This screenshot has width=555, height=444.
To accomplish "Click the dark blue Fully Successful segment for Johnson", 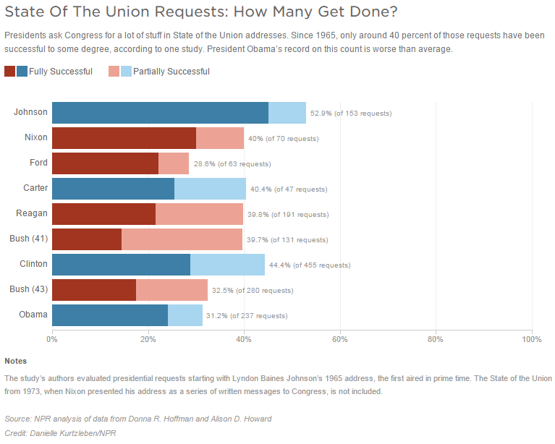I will click(160, 113).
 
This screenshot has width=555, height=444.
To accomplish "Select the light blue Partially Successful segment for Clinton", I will click(227, 265).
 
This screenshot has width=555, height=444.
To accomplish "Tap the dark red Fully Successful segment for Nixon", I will click(124, 138).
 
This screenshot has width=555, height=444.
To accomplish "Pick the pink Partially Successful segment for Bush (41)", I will click(182, 239).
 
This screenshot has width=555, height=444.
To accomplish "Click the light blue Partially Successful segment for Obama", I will click(185, 315).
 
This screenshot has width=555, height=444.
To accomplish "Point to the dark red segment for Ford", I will click(105, 163).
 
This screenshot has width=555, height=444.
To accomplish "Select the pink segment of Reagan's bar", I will click(199, 214).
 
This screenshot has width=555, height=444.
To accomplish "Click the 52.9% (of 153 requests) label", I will click(351, 114).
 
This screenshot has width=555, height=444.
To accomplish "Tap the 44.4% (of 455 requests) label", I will click(310, 265).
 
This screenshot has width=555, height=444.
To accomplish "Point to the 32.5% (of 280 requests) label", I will click(253, 291).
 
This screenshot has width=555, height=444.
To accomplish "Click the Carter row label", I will click(35, 188).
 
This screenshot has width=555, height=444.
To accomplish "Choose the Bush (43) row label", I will click(29, 289).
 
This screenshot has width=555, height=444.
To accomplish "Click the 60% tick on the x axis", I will click(339, 338).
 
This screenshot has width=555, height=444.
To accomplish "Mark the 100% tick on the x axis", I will click(531, 338).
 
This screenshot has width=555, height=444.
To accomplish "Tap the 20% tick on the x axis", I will click(148, 338).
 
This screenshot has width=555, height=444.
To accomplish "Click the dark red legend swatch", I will click(9, 71).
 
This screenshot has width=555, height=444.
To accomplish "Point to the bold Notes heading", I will click(15, 360).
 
